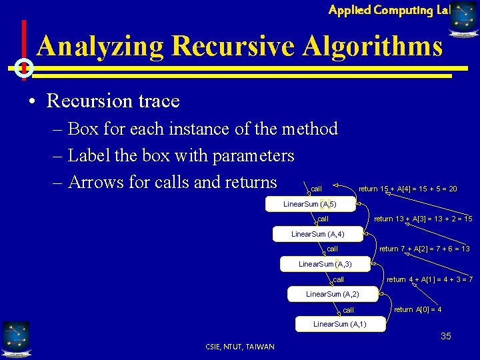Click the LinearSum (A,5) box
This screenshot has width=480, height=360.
(310, 204)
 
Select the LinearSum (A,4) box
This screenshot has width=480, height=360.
(317, 234)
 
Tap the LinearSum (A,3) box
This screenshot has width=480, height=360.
(325, 264)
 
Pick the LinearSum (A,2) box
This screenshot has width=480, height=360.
(332, 294)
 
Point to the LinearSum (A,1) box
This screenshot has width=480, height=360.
(339, 324)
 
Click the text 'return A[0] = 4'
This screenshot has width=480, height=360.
(418, 309)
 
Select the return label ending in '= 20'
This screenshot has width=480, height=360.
(408, 189)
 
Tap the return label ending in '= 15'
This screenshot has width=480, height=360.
(423, 219)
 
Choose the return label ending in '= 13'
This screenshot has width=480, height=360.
(425, 249)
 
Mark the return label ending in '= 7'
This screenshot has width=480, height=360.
(430, 279)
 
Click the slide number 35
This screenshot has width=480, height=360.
(446, 336)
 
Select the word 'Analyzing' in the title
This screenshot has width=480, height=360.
(100, 46)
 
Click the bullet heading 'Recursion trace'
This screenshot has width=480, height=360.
(113, 101)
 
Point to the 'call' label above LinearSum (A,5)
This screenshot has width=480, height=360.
(317, 189)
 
